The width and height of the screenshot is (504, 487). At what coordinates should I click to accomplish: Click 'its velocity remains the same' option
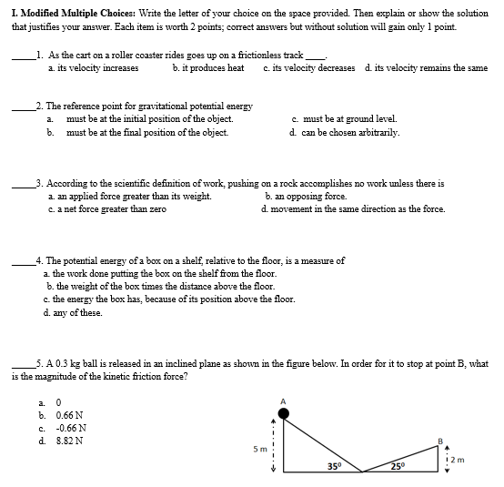click(425, 67)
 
